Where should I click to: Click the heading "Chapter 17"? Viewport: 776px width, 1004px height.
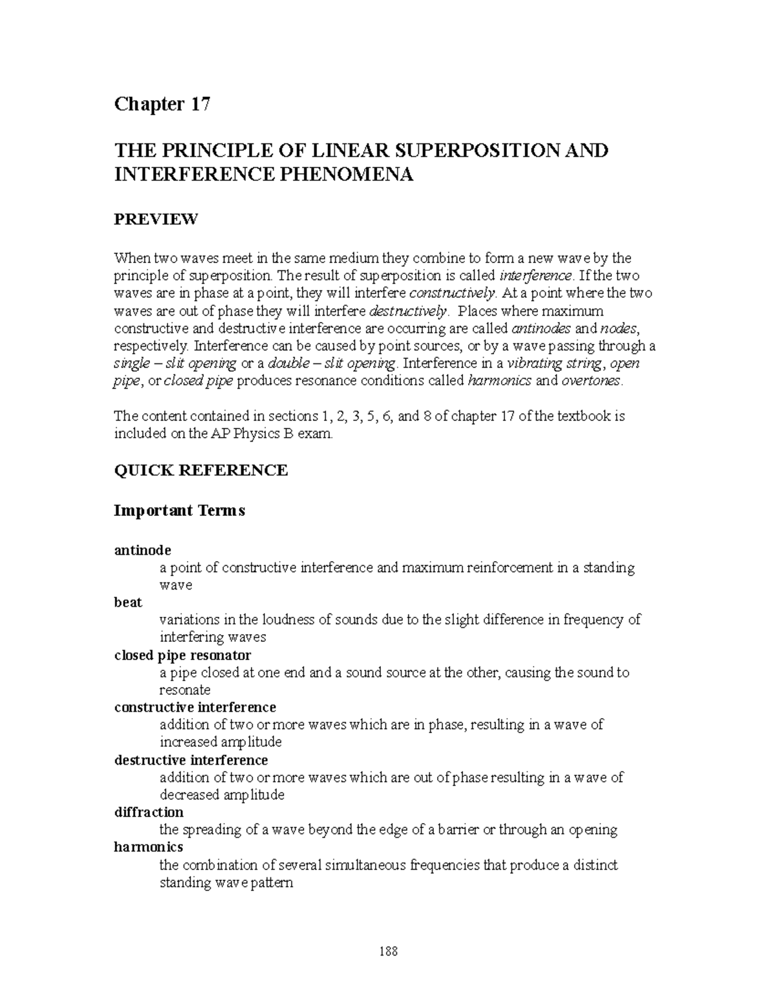point(162,105)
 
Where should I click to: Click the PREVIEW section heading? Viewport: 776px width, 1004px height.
point(156,220)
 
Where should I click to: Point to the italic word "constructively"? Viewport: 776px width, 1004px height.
point(451,293)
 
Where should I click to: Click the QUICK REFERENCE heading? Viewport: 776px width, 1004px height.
point(200,470)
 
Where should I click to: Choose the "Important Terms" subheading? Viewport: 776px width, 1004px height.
point(180,511)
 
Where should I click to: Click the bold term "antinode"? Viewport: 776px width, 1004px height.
point(142,550)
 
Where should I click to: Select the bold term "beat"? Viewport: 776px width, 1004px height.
point(128,603)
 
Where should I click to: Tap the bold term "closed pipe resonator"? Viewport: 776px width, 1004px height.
point(182,656)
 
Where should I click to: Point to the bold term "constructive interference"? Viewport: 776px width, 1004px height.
point(195,707)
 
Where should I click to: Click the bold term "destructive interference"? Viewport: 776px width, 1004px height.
point(191,760)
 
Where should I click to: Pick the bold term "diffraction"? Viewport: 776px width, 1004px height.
point(149,812)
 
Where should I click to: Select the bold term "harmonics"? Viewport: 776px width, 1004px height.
point(148,847)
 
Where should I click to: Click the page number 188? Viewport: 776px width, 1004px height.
point(389,952)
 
